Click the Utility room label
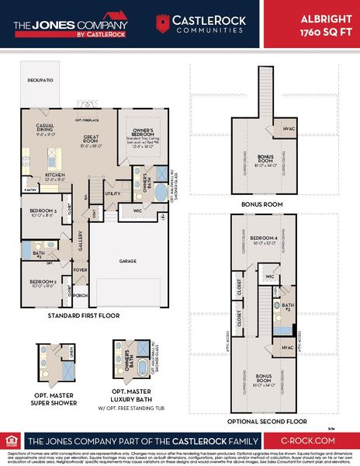tap(112, 193)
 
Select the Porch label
tap(81, 295)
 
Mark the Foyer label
tap(80, 270)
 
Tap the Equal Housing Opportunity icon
tap(12, 439)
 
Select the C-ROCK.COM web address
tap(313, 439)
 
